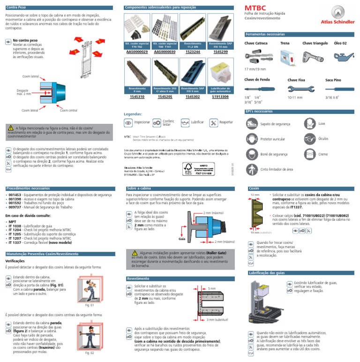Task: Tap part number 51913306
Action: (220, 97)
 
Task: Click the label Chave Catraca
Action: (256, 43)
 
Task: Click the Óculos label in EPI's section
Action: (323, 139)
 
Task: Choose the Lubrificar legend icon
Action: (184, 122)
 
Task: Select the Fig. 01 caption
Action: (89, 305)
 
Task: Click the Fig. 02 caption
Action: (89, 353)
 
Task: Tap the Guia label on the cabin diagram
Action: (182, 240)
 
